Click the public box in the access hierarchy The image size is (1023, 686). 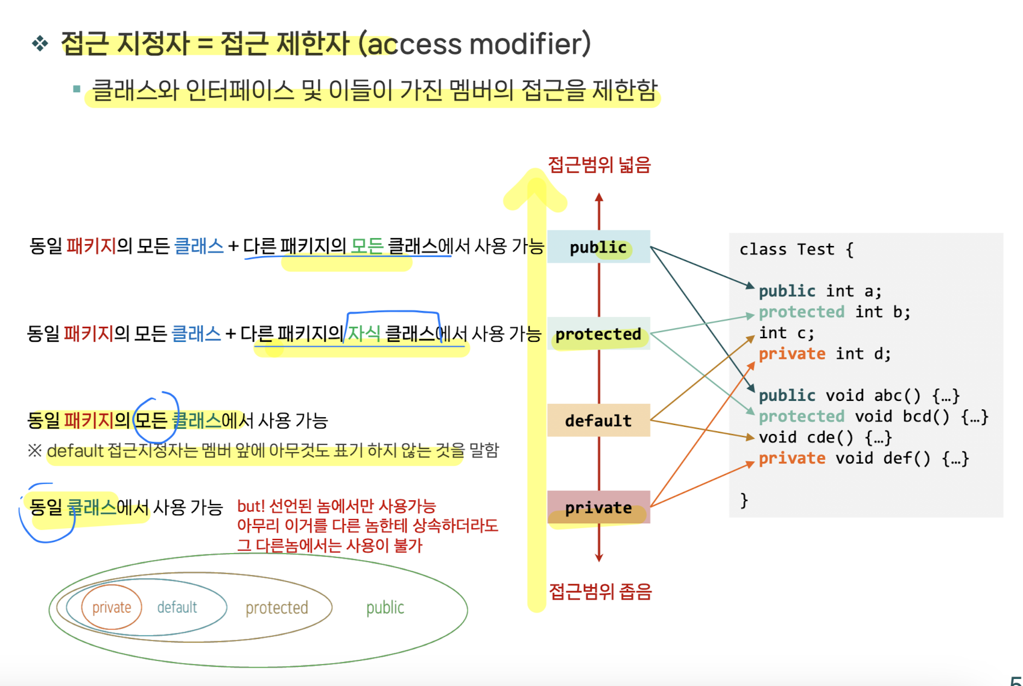[x=598, y=247]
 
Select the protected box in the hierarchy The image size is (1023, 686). [x=598, y=334]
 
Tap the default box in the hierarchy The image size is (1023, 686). [x=598, y=421]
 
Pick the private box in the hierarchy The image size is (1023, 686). [x=598, y=508]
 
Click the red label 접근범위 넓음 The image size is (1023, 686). [x=599, y=165]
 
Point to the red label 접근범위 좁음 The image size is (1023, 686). [x=600, y=591]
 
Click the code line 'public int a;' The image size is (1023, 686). [x=820, y=291]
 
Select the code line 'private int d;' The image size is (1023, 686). [x=825, y=354]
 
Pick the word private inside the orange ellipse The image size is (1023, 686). [x=112, y=607]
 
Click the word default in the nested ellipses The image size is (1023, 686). [x=177, y=607]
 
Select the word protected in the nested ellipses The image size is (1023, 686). [x=277, y=608]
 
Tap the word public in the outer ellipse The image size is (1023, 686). [x=385, y=608]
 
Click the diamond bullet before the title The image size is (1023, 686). [x=40, y=43]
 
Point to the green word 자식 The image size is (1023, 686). [x=364, y=333]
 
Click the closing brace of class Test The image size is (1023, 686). [x=744, y=500]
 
